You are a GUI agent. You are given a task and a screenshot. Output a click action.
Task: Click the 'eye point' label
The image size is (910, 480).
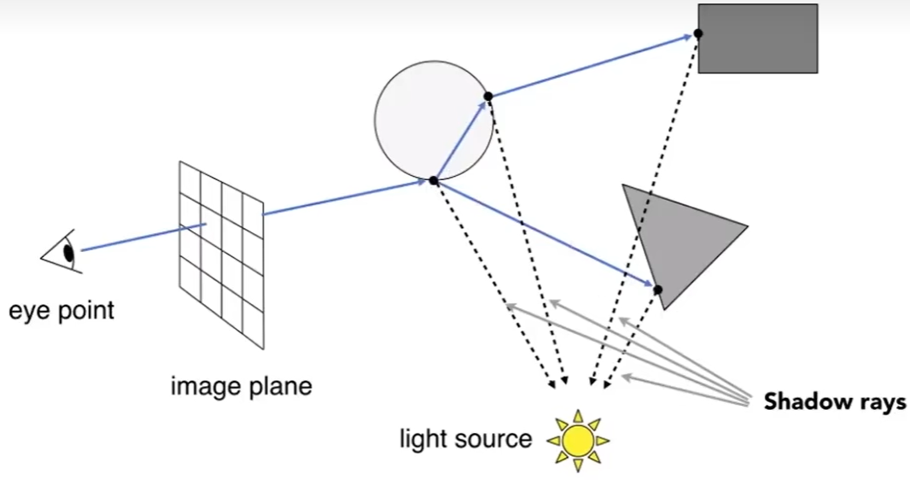(x=61, y=309)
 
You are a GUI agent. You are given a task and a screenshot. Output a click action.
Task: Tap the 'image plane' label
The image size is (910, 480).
(x=242, y=386)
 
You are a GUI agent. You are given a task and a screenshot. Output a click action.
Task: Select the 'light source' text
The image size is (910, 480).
(x=465, y=439)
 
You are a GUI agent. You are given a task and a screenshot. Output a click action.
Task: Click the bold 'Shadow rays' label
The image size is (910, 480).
(x=835, y=401)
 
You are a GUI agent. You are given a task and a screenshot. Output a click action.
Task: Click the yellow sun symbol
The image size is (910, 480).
(x=578, y=440)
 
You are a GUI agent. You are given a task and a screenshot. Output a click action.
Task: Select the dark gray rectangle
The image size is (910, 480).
(x=758, y=38)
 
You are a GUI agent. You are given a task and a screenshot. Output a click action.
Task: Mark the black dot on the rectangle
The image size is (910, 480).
(x=698, y=33)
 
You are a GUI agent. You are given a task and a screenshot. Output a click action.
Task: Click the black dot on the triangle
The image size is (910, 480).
(x=657, y=290)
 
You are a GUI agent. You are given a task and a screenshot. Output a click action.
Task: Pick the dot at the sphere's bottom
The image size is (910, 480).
(x=434, y=180)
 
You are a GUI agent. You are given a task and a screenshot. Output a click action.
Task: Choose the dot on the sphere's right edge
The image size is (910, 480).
(x=488, y=96)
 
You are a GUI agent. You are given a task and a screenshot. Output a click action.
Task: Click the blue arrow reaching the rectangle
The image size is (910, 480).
(x=589, y=66)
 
